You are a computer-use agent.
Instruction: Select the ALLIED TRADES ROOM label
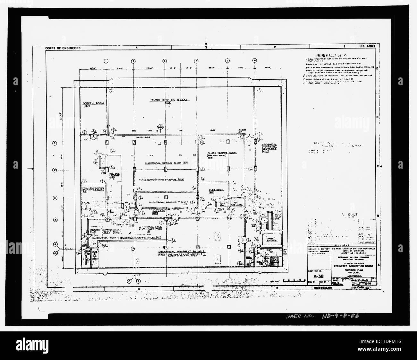(x=222, y=153)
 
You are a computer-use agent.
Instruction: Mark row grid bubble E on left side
(x=55, y=143)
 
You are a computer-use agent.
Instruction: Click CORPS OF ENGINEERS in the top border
(x=63, y=48)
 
